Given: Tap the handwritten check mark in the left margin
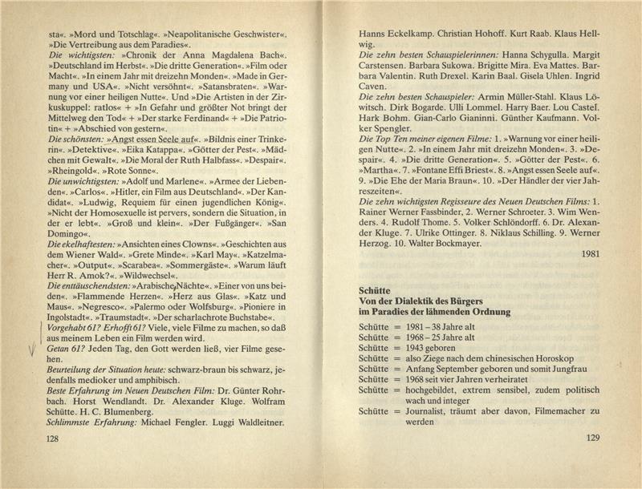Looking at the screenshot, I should pyautogui.click(x=31, y=350).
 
